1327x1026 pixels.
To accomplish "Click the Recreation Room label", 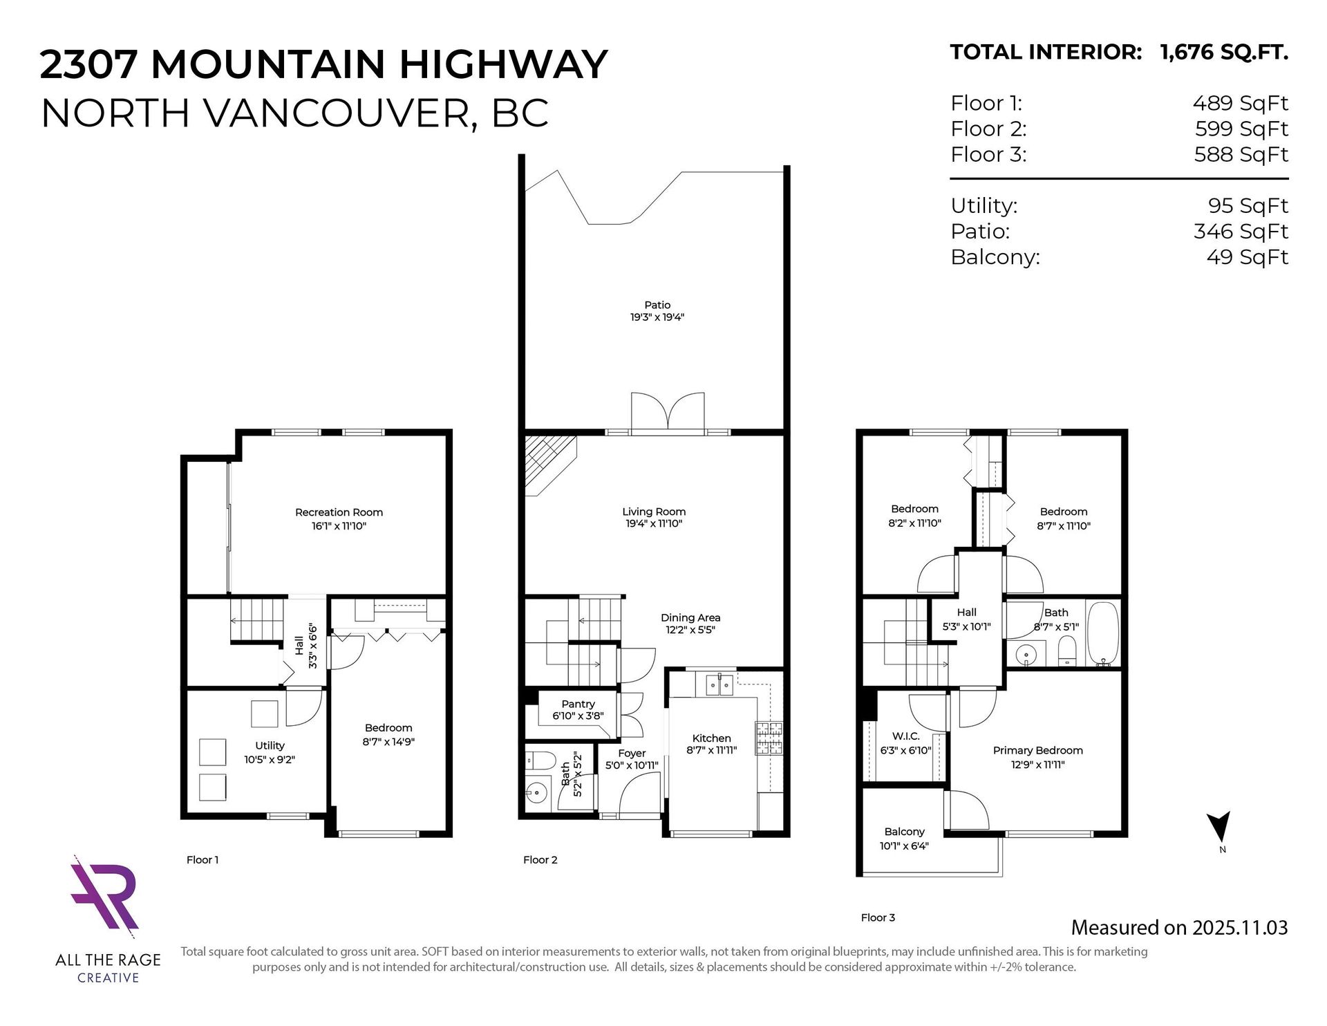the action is [x=339, y=512].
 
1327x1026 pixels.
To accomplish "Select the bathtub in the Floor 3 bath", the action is [x=1102, y=634].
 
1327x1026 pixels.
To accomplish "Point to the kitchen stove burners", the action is [x=770, y=738].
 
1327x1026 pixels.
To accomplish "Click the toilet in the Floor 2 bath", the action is [x=537, y=761].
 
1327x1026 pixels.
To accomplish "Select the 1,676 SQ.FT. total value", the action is [x=1224, y=53].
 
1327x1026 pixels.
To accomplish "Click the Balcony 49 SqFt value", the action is [x=1248, y=257].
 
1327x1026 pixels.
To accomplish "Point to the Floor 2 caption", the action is [x=540, y=860].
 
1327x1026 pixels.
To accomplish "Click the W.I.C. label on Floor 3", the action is [x=905, y=736].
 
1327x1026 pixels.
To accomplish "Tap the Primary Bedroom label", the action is [x=1037, y=750].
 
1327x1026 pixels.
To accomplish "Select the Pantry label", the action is [x=578, y=704].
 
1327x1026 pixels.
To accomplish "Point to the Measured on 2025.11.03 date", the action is [x=1179, y=927].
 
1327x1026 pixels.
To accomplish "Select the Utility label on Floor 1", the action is [x=270, y=745].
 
